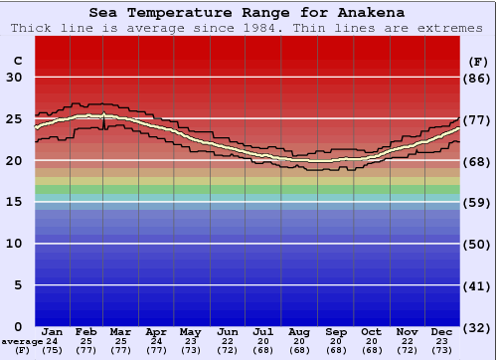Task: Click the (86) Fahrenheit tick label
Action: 478,78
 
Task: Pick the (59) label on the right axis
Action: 478,202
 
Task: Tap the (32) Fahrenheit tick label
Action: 478,327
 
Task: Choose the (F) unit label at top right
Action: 478,61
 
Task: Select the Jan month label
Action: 53,331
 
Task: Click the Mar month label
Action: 121,331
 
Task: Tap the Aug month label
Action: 298,331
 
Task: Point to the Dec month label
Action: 442,331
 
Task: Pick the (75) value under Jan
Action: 53,350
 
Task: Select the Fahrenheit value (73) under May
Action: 190,350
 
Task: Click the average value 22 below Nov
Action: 407,341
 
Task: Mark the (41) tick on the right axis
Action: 478,285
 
